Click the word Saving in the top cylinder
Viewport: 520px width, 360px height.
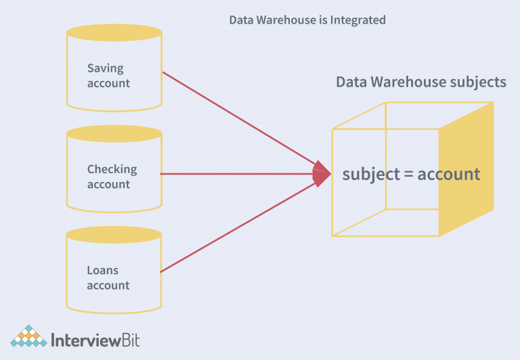106,68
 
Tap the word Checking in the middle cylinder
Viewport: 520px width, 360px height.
112,169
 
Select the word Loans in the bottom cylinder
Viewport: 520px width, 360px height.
102,271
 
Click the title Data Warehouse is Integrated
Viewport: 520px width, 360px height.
307,20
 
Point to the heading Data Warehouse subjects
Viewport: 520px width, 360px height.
420,83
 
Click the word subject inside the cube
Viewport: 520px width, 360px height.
371,175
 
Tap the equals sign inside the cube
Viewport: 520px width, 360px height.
408,175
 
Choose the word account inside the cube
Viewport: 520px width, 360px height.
448,175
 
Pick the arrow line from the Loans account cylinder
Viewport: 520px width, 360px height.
237,227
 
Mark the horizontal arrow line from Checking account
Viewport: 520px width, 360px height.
237,174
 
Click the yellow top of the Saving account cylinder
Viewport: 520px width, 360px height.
114,32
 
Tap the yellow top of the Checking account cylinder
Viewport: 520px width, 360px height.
114,133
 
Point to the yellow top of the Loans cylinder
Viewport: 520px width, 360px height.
114,235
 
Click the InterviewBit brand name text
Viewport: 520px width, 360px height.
95,338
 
